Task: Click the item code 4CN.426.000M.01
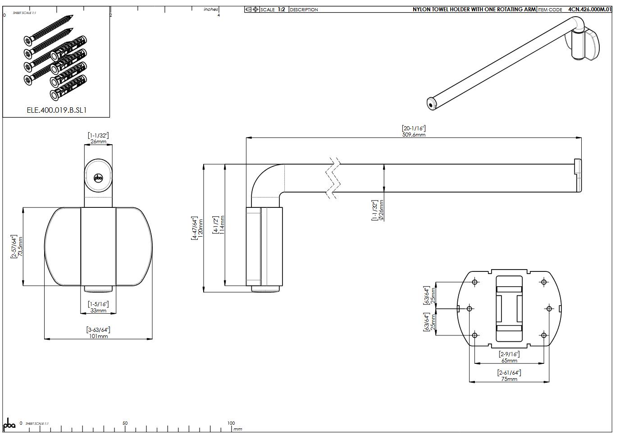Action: pos(590,9)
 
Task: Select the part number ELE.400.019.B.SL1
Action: pos(56,110)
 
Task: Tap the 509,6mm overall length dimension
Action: pos(414,135)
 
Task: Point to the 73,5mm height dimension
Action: pos(20,246)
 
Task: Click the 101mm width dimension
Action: pos(98,336)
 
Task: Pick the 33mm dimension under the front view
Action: pos(98,311)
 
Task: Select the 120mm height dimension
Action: pos(201,228)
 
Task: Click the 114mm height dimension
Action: pos(222,225)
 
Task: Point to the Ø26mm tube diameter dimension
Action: pos(381,210)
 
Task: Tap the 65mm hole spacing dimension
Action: pos(509,361)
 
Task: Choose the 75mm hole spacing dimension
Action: pos(509,379)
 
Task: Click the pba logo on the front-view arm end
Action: pos(98,178)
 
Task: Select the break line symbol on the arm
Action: pos(333,179)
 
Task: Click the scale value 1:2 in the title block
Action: pos(281,9)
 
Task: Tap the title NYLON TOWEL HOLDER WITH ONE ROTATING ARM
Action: pos(474,9)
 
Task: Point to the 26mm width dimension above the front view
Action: pos(98,142)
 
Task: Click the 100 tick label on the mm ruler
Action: pos(231,423)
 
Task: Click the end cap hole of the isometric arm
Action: pos(431,105)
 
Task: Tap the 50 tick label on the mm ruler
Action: pos(125,423)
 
